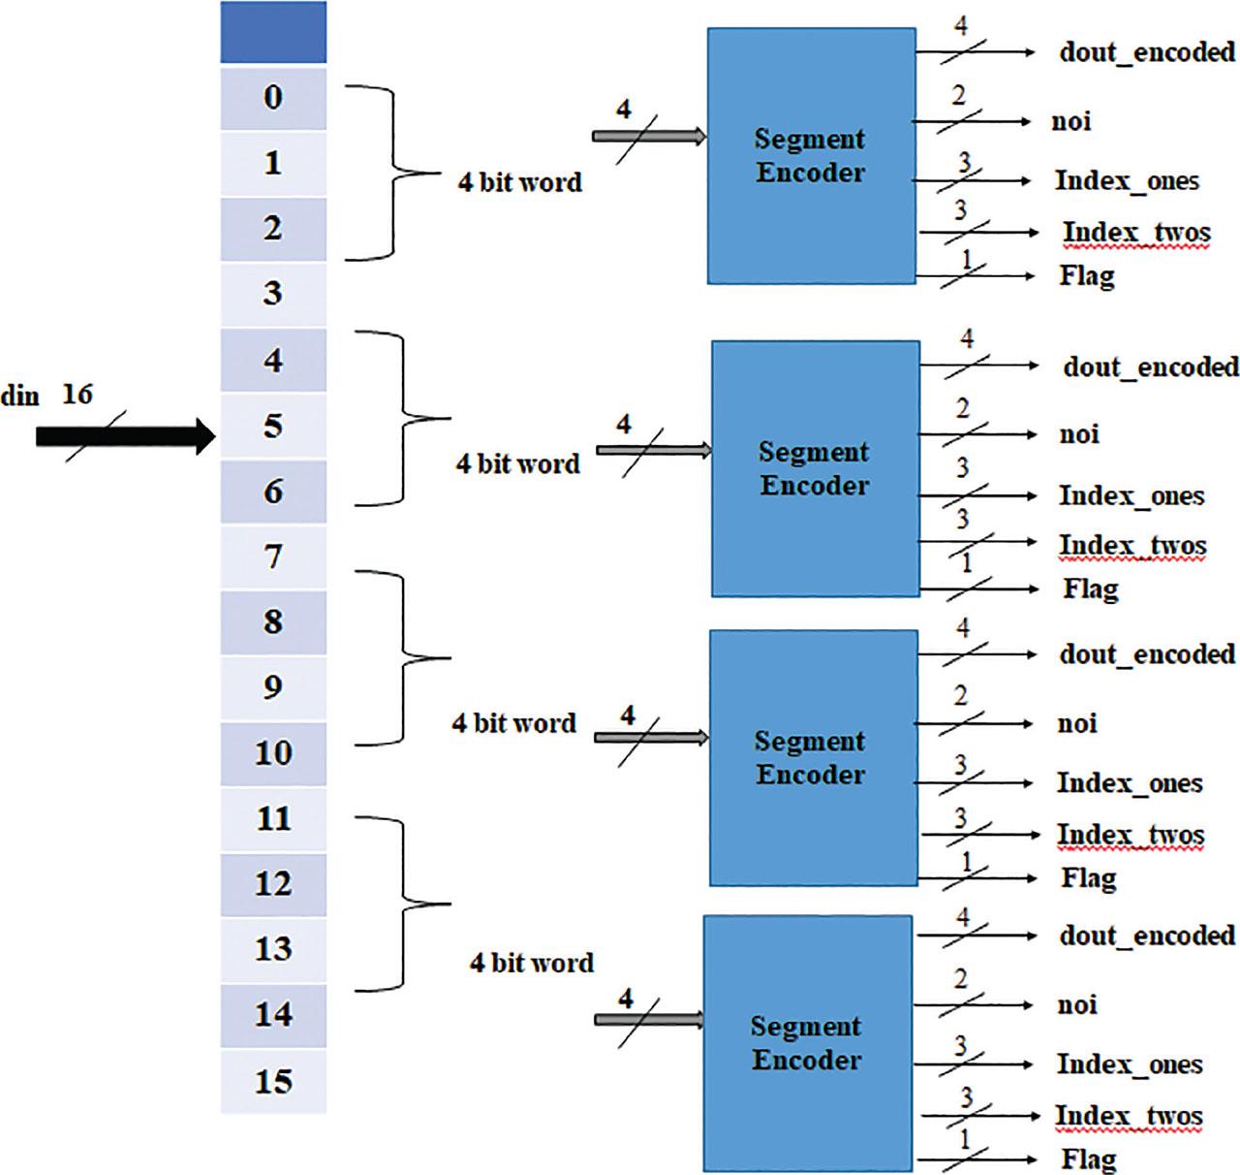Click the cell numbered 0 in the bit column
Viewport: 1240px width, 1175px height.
[x=273, y=98]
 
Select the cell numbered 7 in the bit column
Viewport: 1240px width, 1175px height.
[x=273, y=557]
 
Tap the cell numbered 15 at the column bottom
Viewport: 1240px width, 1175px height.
[x=273, y=1081]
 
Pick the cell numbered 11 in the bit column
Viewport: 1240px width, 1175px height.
[x=273, y=819]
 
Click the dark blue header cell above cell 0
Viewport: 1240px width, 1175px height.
[x=273, y=33]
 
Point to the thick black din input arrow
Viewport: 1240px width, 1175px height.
[x=124, y=436]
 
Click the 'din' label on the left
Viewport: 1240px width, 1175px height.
[x=20, y=397]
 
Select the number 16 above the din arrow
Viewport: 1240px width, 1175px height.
[x=77, y=395]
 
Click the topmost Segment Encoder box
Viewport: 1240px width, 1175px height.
[x=811, y=156]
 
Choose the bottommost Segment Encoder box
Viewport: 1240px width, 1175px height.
[x=807, y=1043]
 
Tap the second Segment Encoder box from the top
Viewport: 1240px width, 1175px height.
[x=815, y=468]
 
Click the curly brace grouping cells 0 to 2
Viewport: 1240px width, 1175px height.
[x=392, y=174]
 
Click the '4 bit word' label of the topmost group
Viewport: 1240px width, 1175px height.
[x=520, y=182]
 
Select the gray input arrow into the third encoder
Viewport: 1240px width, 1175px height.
[x=650, y=738]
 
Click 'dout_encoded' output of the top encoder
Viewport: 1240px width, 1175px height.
[x=1147, y=51]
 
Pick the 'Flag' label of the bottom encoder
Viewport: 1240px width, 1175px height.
[x=1088, y=1158]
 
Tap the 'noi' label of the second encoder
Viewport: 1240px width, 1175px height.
[x=1079, y=434]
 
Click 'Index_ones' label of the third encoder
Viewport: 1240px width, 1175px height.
[x=1129, y=783]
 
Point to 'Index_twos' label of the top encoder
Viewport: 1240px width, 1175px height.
[x=1135, y=233]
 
